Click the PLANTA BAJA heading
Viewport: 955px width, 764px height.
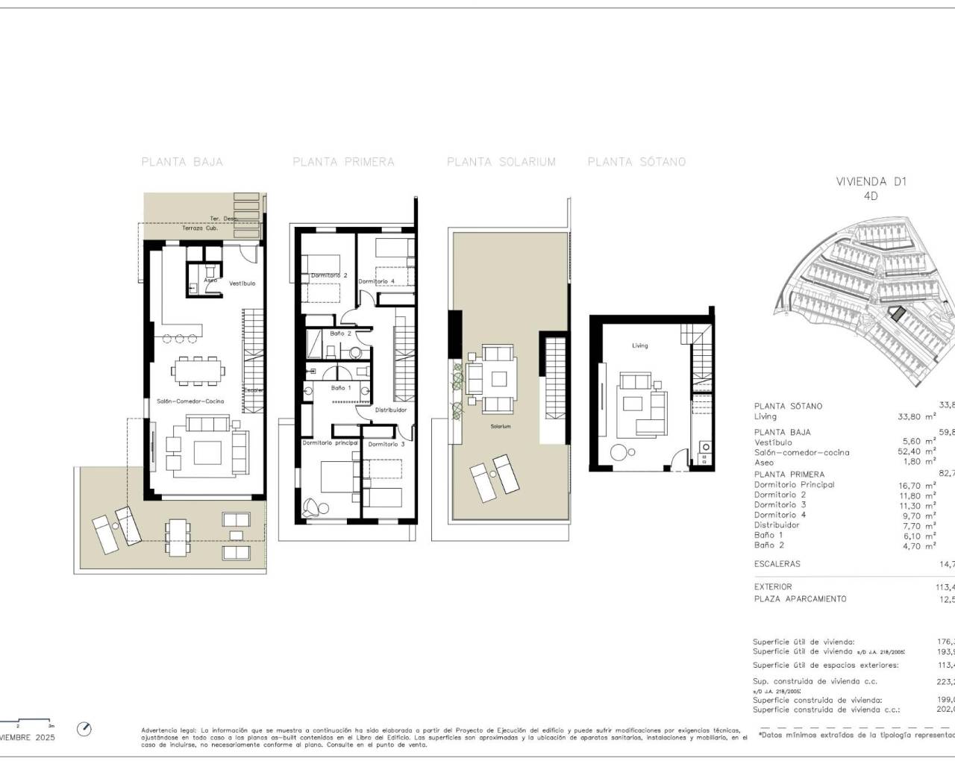pyautogui.click(x=182, y=162)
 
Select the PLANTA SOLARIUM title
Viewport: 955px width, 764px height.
pyautogui.click(x=501, y=162)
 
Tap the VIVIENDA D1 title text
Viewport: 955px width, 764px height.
pyautogui.click(x=871, y=181)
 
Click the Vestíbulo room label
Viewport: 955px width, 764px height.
pyautogui.click(x=242, y=284)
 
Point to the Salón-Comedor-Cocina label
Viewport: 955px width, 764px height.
pyautogui.click(x=190, y=401)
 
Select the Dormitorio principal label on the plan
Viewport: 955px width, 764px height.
pyautogui.click(x=331, y=443)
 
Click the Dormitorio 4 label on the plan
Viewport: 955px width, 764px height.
pyautogui.click(x=376, y=281)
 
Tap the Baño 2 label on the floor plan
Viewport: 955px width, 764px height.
pyautogui.click(x=340, y=334)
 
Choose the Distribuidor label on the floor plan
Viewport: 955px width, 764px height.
pyautogui.click(x=390, y=410)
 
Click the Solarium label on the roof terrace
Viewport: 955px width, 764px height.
pyautogui.click(x=501, y=427)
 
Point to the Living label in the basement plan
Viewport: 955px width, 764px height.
pyautogui.click(x=640, y=345)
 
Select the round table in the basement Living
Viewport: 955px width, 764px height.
pyautogui.click(x=620, y=452)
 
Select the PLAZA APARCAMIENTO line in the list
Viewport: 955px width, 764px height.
pyautogui.click(x=800, y=599)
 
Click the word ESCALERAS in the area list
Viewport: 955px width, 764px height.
pyautogui.click(x=777, y=564)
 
